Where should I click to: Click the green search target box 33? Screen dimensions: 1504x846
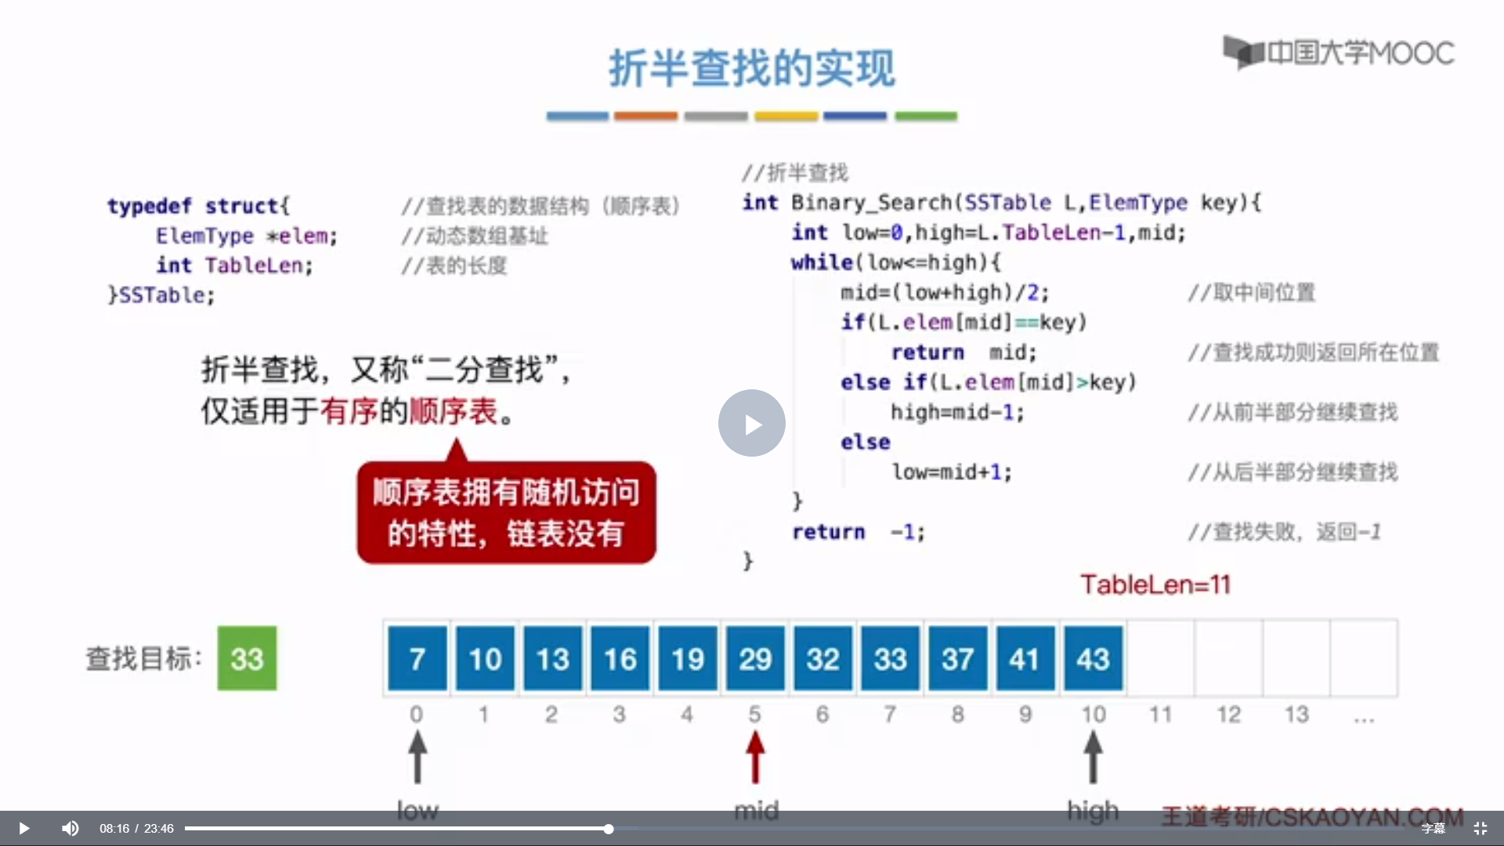247,658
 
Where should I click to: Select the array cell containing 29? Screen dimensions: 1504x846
755,658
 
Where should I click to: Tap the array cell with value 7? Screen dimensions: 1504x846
418,658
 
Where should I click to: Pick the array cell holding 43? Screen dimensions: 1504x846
1093,658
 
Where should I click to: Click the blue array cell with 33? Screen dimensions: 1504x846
890,658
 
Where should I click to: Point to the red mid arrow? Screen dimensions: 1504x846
755,757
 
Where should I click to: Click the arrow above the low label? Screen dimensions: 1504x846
418,757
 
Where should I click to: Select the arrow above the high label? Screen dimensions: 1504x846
1093,757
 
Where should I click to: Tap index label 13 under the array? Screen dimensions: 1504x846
1296,714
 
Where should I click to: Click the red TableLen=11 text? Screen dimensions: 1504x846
1155,584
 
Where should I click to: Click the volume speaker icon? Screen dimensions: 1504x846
70,828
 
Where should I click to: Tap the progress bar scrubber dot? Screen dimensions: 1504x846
609,828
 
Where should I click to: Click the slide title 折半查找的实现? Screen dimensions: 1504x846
751,68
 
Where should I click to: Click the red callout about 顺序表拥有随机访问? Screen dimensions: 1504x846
506,512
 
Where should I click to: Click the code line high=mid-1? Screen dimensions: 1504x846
957,412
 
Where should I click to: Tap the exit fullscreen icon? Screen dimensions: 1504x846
1480,828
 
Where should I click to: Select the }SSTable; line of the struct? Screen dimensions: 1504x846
161,295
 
